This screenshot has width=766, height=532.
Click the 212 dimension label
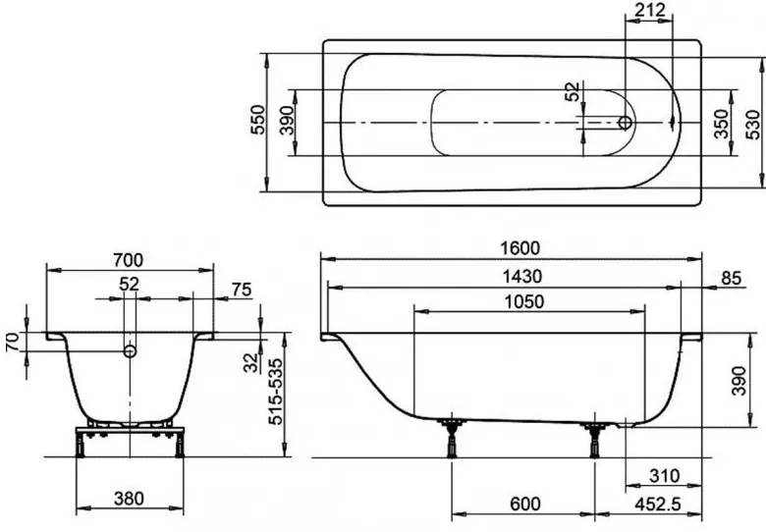pos(649,10)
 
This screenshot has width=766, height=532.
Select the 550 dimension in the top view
pos(257,120)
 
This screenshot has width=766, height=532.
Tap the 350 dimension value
pos(721,124)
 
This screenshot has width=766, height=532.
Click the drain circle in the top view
pos(625,123)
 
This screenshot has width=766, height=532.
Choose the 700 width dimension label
pos(129,260)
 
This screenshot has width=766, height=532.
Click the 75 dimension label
pos(242,290)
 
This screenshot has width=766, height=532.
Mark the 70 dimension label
pos(13,342)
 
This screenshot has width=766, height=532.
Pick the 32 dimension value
pos(250,362)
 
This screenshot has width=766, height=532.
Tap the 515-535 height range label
pos(276,392)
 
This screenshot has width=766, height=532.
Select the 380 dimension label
pos(129,499)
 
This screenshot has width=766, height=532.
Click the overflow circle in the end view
pos(130,350)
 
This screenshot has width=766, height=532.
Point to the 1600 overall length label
pos(520,248)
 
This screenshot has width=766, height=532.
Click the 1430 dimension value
pos(522,277)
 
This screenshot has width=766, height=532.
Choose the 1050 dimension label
pos(524,301)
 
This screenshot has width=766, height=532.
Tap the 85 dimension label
pos(732,278)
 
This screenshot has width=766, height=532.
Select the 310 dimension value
pos(665,475)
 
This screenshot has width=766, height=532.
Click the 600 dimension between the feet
pos(525,504)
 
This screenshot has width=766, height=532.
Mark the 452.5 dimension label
pos(657,504)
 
